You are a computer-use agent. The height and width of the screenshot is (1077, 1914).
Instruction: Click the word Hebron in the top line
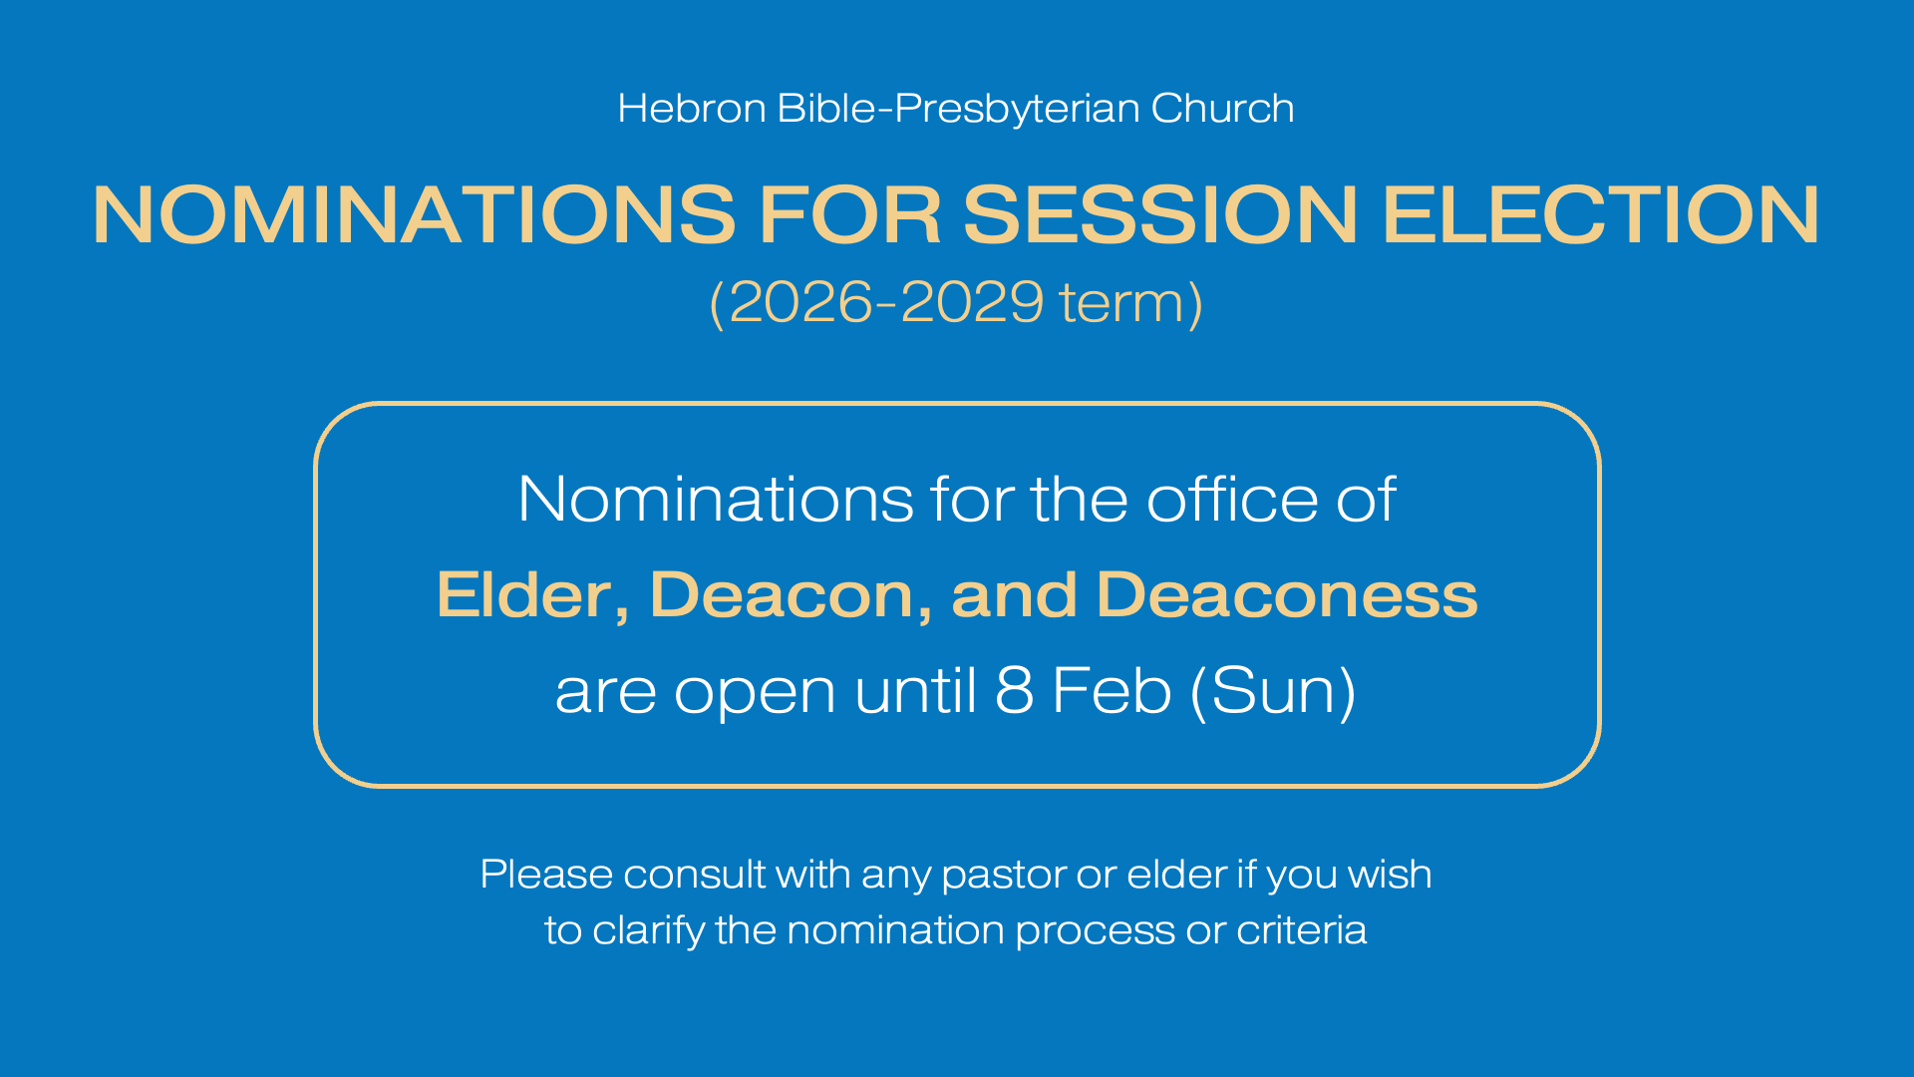tap(692, 108)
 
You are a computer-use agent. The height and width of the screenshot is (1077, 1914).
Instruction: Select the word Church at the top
tap(1222, 108)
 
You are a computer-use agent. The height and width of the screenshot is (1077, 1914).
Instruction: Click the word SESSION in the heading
tap(1160, 214)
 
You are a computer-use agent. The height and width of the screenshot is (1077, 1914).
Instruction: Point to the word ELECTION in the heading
tap(1601, 214)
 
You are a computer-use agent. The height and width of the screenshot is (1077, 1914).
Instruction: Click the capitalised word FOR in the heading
tap(850, 214)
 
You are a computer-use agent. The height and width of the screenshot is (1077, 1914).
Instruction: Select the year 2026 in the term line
tap(800, 302)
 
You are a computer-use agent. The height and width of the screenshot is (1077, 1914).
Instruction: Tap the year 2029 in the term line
tap(972, 302)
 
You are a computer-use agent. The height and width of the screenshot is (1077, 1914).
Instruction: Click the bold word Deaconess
tap(1287, 595)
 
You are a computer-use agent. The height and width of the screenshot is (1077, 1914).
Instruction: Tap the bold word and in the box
tap(1014, 595)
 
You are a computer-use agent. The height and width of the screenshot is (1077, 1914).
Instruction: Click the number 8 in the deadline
tap(1014, 690)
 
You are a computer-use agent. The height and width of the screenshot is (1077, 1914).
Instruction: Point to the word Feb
tap(1112, 690)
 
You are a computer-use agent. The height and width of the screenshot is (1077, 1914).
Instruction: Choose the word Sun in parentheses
tap(1273, 690)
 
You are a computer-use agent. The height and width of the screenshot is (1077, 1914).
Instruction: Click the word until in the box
tap(915, 690)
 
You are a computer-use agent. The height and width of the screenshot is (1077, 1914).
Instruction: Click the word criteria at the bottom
tap(1301, 930)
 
